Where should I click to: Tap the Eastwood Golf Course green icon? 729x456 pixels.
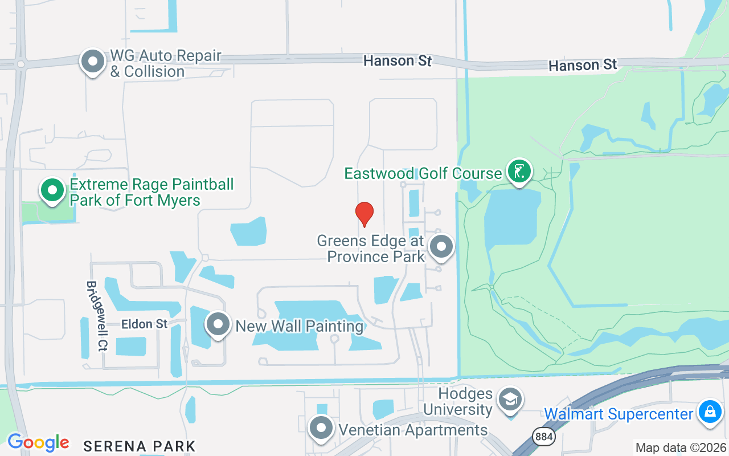tap(519, 171)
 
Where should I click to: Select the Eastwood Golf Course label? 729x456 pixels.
tap(423, 173)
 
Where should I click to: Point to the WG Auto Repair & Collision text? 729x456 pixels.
tap(165, 64)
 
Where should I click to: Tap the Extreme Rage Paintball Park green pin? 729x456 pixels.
tap(52, 190)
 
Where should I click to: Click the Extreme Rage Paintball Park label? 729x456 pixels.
tap(151, 193)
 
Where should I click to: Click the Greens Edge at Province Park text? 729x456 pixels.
tap(371, 249)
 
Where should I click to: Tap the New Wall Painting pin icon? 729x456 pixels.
tap(217, 325)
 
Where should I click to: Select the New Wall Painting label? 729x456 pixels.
tap(300, 327)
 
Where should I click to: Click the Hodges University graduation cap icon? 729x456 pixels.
tap(510, 400)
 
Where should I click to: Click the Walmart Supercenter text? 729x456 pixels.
tap(619, 414)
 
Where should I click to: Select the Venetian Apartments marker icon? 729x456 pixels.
tap(321, 428)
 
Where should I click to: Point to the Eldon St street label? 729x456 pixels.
tap(145, 324)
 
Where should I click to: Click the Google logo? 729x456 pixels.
tap(38, 442)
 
